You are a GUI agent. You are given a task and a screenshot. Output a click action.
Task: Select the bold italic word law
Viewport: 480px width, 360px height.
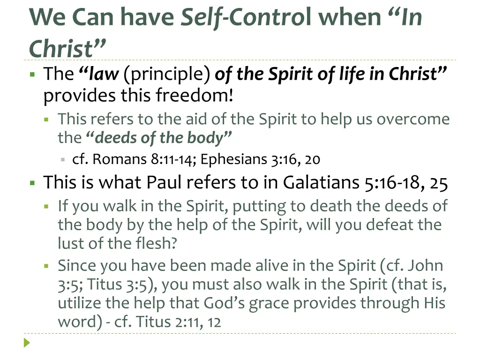(104, 74)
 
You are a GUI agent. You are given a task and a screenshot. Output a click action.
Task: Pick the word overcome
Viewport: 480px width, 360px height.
(413, 119)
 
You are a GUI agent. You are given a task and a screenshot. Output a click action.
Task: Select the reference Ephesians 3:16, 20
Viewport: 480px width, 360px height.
(261, 160)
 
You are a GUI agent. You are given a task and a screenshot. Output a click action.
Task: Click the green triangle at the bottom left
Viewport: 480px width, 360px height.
(27, 343)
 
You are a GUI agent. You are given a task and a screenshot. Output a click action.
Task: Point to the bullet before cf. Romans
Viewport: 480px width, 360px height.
(62, 160)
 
